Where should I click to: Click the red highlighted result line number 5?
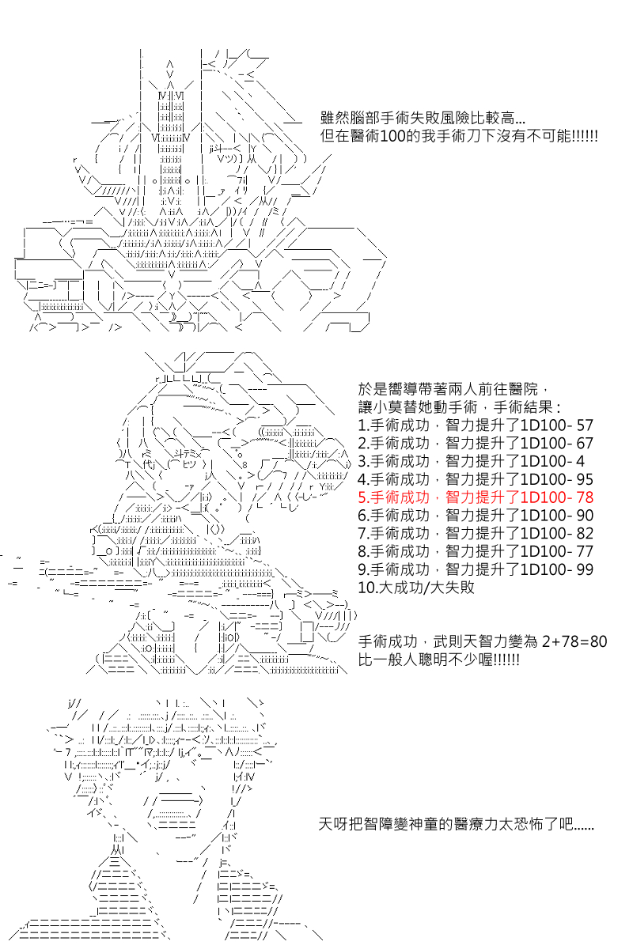(476, 497)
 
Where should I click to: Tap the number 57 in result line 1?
(585, 425)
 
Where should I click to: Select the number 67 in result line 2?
(585, 444)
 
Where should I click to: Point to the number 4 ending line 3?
(581, 461)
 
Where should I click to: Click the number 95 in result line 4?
(585, 479)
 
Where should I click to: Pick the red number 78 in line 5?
(585, 497)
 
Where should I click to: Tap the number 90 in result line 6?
(585, 516)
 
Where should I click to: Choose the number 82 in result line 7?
(585, 533)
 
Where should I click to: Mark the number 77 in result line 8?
(585, 552)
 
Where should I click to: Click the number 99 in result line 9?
(585, 569)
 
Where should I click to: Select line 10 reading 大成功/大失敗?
(416, 588)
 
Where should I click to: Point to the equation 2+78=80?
(574, 641)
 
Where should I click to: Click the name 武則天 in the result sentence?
(455, 641)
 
